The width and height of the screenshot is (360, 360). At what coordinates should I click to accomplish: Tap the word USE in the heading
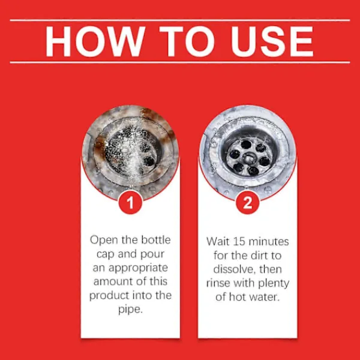pos(272,41)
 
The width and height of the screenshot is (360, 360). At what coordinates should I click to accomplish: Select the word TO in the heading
pos(187,41)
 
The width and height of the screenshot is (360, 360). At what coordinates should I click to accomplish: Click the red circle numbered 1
pos(130,202)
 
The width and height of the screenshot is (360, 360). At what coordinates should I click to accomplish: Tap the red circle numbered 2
pos(247,202)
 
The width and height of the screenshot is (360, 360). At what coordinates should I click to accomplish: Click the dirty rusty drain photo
pos(130,152)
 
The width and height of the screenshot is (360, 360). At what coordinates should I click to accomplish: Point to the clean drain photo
pos(248,152)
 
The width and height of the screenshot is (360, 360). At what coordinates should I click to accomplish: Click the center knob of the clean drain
pos(248,158)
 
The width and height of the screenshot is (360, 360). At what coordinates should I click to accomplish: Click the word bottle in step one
pos(155,240)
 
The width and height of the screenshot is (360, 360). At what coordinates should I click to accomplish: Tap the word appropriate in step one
pos(138,269)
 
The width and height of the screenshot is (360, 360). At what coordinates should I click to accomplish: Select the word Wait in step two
pos(218,242)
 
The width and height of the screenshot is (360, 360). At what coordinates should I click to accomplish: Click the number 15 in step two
pos(239,242)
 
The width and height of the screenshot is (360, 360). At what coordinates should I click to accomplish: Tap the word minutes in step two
pos(268,242)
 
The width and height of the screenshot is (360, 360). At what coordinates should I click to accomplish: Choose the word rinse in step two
pos(218,283)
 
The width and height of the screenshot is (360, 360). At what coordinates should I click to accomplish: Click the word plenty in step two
pos(274,284)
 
